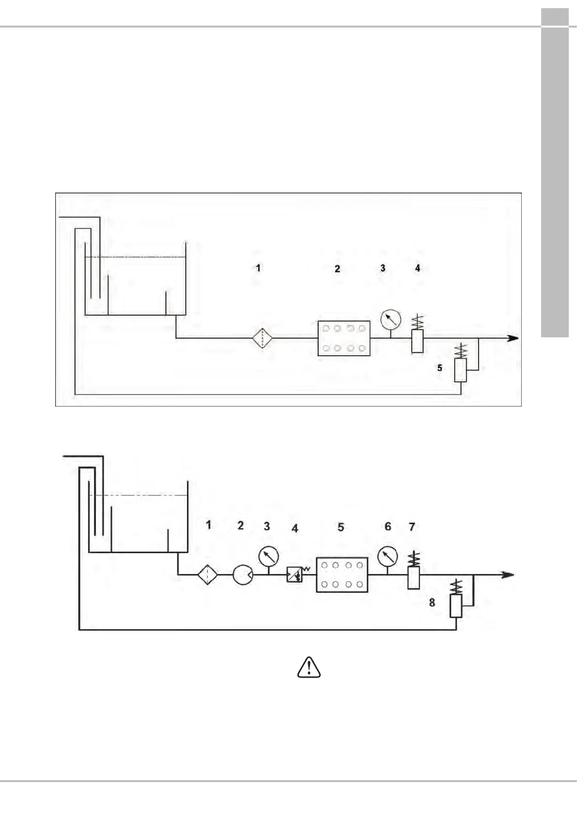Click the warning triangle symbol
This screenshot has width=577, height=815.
pos(309,667)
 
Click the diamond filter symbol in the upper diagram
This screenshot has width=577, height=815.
pos(263,338)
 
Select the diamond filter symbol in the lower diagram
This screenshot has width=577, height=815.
pos(207,575)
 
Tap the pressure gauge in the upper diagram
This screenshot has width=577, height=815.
pos(390,319)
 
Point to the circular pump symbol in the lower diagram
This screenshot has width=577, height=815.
pos(243,575)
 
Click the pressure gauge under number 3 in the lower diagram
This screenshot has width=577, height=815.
pos(268,556)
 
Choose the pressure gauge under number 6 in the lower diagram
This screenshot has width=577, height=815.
pos(387,556)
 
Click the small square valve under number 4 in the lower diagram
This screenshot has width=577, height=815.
pos(294,574)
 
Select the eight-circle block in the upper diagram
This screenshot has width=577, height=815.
pos(344,338)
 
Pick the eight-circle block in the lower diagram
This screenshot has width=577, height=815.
pos(342,574)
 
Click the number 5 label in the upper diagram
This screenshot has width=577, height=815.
pos(440,368)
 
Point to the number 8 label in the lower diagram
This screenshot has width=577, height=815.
pos(432,603)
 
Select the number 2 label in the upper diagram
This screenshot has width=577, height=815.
pos(338,269)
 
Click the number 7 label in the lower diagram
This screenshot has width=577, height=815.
pos(412,527)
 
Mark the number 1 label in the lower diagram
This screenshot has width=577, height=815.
pos(209,525)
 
